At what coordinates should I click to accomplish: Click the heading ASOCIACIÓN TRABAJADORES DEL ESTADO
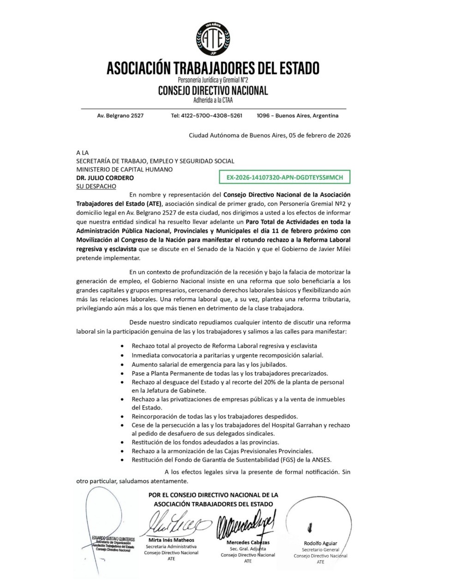tap(213, 68)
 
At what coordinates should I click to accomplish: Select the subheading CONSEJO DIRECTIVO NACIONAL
tap(213, 90)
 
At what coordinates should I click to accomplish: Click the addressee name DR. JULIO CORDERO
tap(105, 178)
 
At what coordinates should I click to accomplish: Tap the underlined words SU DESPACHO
tap(96, 186)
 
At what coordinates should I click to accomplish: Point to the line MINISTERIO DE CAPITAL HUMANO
tap(124, 169)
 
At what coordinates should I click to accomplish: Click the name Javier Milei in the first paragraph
tap(333, 249)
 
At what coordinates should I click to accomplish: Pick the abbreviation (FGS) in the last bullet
tap(289, 460)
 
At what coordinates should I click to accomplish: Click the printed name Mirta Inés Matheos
tap(171, 540)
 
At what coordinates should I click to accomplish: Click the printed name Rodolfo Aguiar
tap(320, 543)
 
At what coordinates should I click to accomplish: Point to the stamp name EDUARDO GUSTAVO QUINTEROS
tap(113, 539)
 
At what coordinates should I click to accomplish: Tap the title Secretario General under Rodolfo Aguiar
tap(320, 550)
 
